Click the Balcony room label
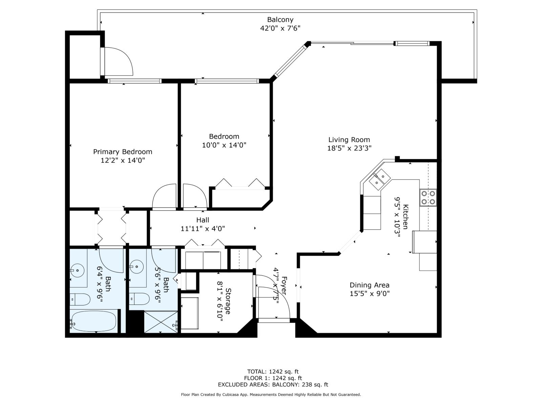280,20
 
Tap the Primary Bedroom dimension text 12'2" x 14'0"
123,160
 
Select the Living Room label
349,139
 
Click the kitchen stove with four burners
428,198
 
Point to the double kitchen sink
379,179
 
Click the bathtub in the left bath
93,321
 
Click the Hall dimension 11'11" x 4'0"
203,229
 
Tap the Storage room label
228,301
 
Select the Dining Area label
369,285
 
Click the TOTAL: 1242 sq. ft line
273,371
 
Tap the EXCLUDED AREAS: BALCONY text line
273,384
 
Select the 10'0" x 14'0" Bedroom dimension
224,145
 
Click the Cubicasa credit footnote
271,394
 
